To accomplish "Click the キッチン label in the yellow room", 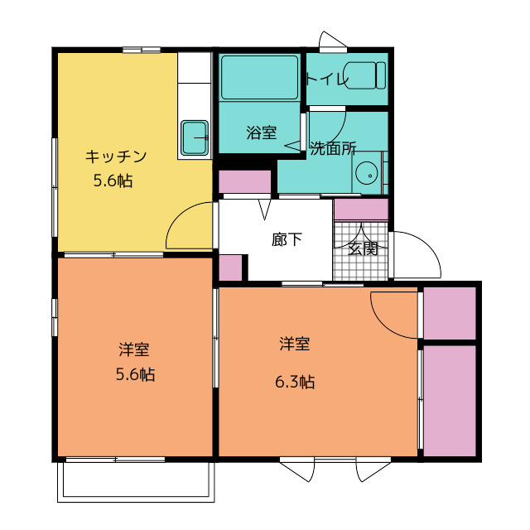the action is point(116,157).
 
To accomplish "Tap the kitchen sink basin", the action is point(195,137).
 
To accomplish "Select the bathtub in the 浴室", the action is point(259,77).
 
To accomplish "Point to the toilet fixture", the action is point(366,75).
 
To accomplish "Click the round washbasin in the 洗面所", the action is point(367,173).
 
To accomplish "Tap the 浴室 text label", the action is point(262,132).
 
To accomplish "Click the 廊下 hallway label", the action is point(287,239).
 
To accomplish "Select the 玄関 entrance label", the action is point(363,249).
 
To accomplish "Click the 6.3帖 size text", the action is point(295,382).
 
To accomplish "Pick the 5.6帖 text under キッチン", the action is point(113,181).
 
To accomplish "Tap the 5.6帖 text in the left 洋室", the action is point(136,374).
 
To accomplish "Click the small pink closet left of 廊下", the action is point(230,267).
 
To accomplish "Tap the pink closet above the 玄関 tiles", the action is point(361,210).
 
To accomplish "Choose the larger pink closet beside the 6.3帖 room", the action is point(450,401).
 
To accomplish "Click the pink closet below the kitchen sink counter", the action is point(245,182).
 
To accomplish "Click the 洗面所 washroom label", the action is point(333,148).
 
